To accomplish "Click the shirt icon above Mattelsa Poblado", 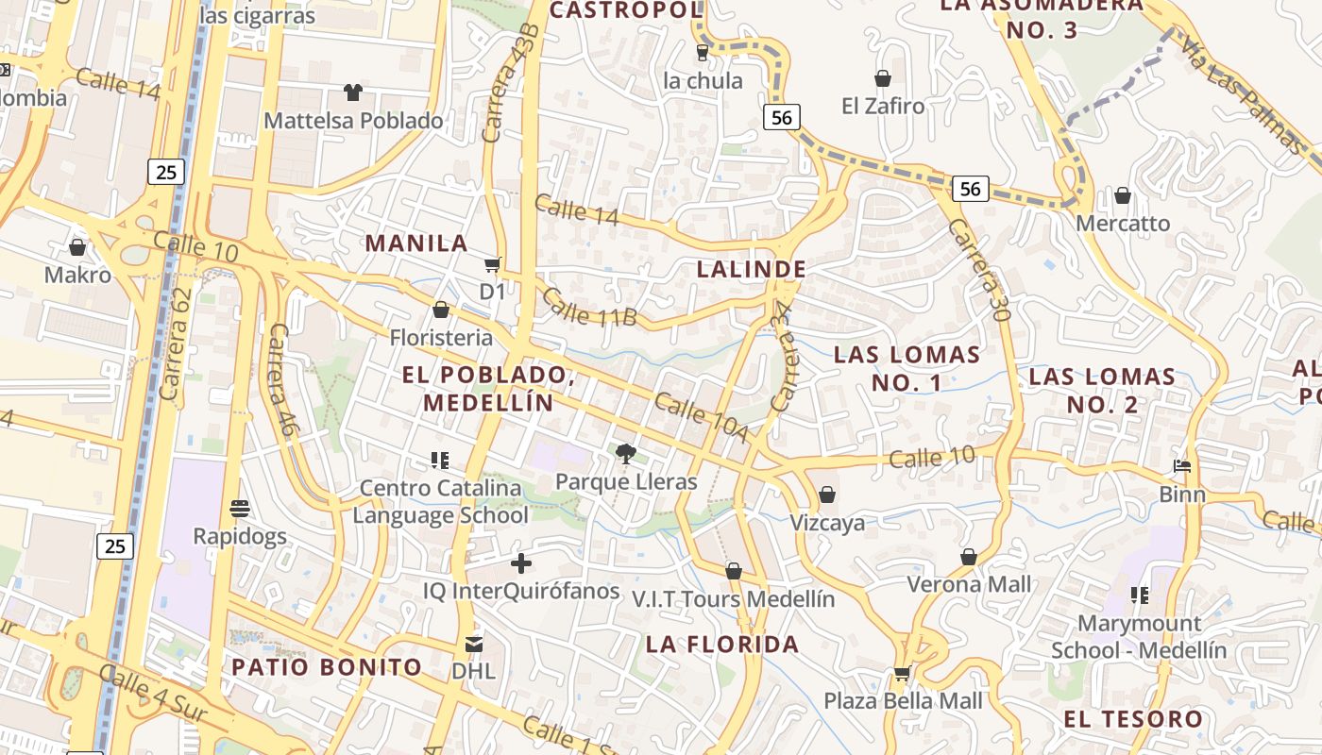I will (x=352, y=92).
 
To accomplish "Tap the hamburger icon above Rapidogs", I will (x=240, y=509).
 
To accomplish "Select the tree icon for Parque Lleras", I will (x=625, y=454).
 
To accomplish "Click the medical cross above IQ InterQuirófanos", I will (x=520, y=564).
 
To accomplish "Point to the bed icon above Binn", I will (x=1182, y=466).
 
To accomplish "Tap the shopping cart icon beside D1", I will (x=492, y=264).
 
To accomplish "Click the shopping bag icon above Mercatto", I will (x=1123, y=196).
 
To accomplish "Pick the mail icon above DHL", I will (x=473, y=645).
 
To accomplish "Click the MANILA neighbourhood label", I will (x=416, y=243).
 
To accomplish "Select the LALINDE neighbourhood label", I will (x=752, y=269).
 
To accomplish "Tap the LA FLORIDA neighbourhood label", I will (x=722, y=645).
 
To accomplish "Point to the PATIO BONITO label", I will (x=327, y=667).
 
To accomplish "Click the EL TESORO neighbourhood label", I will (x=1133, y=719).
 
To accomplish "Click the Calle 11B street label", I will (x=589, y=308).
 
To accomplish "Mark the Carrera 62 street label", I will (x=176, y=343).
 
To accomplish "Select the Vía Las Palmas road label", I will (x=1243, y=95).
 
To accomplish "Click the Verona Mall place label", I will (x=969, y=584).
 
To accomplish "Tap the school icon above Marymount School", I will (x=1140, y=596).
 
